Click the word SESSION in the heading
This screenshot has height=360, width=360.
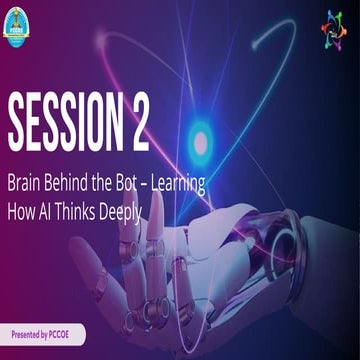(65, 122)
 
